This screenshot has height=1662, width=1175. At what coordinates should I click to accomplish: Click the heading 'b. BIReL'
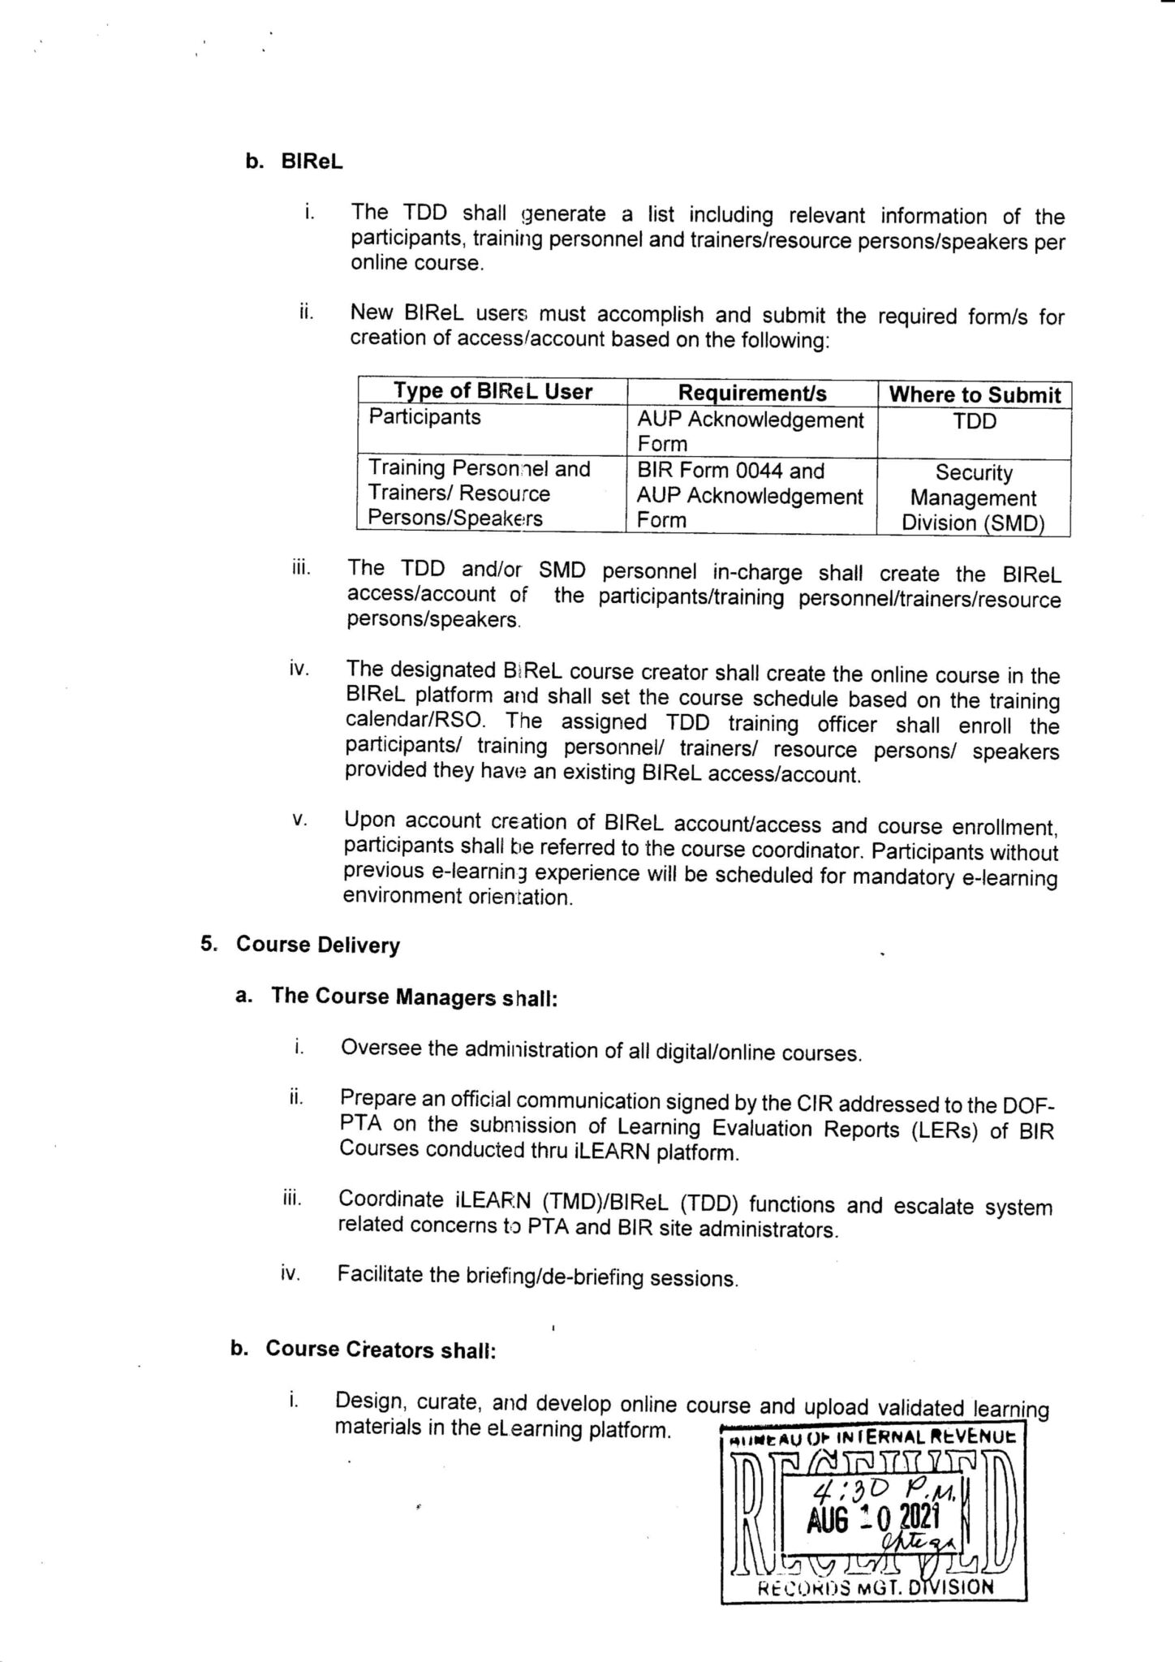point(294,161)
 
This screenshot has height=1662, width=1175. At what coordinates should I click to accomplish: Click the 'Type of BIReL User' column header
point(493,392)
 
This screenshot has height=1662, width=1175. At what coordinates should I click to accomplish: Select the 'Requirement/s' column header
point(751,394)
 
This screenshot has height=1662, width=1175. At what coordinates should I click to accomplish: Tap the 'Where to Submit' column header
point(975,395)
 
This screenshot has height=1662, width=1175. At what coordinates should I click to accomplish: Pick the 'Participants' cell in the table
point(424,417)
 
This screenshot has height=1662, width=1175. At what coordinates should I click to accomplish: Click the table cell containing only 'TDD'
point(975,421)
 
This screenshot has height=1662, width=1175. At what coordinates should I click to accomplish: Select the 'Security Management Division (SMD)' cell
point(973,497)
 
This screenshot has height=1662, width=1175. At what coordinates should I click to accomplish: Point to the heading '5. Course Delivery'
point(301,945)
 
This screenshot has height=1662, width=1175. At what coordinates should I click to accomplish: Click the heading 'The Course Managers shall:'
point(414,997)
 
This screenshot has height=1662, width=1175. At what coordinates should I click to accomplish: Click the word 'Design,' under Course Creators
point(369,1402)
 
